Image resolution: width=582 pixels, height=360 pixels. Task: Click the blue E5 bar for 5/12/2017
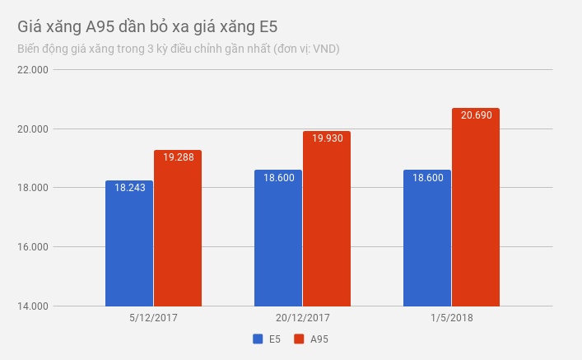129,247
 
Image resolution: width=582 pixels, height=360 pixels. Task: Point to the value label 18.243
129,188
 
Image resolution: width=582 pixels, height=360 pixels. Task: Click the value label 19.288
178,157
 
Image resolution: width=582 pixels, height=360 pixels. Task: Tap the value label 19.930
327,138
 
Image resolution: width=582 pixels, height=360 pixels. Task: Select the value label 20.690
476,115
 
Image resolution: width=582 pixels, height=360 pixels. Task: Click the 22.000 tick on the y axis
34,70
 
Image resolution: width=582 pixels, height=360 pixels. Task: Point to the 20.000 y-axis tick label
34,129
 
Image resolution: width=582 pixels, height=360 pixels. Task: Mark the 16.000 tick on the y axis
34,247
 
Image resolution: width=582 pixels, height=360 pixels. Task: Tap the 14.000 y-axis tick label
34,306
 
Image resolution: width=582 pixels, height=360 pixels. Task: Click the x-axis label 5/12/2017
153,317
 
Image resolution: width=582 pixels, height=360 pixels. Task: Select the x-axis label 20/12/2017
302,317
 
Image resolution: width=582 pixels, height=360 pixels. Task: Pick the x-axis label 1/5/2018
451,317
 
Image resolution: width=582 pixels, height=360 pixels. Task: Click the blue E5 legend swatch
258,339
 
